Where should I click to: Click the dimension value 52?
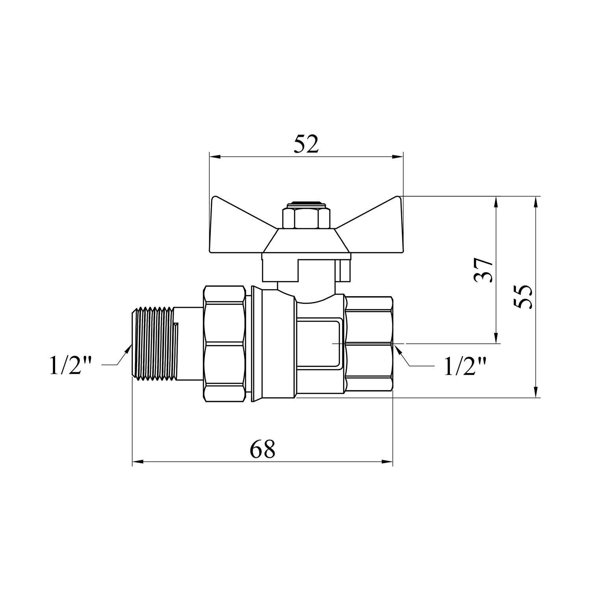coord(306,145)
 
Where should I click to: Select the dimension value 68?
coord(262,449)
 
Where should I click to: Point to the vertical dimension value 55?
coord(523,296)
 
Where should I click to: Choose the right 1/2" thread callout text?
coord(465,367)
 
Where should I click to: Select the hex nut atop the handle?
coord(303,218)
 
